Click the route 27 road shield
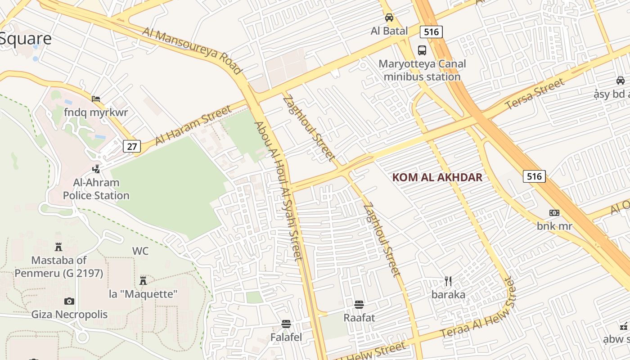132,146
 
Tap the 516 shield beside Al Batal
431,31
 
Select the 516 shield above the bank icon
534,176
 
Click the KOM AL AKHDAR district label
437,177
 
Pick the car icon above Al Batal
389,18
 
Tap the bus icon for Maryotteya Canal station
422,50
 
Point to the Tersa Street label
535,94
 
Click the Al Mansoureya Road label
193,50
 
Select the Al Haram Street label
193,125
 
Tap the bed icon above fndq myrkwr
96,99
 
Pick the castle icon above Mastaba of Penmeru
58,247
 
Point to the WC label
140,251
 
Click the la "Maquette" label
144,294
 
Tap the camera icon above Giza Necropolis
69,301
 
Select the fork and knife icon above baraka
448,281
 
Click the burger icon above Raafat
359,305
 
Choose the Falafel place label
286,337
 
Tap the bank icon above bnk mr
554,212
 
